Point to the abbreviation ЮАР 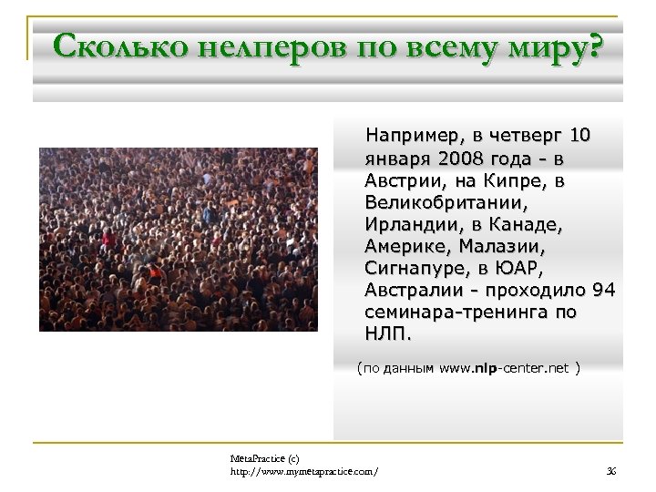[517, 268]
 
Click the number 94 [603, 290]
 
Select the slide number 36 [611, 468]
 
